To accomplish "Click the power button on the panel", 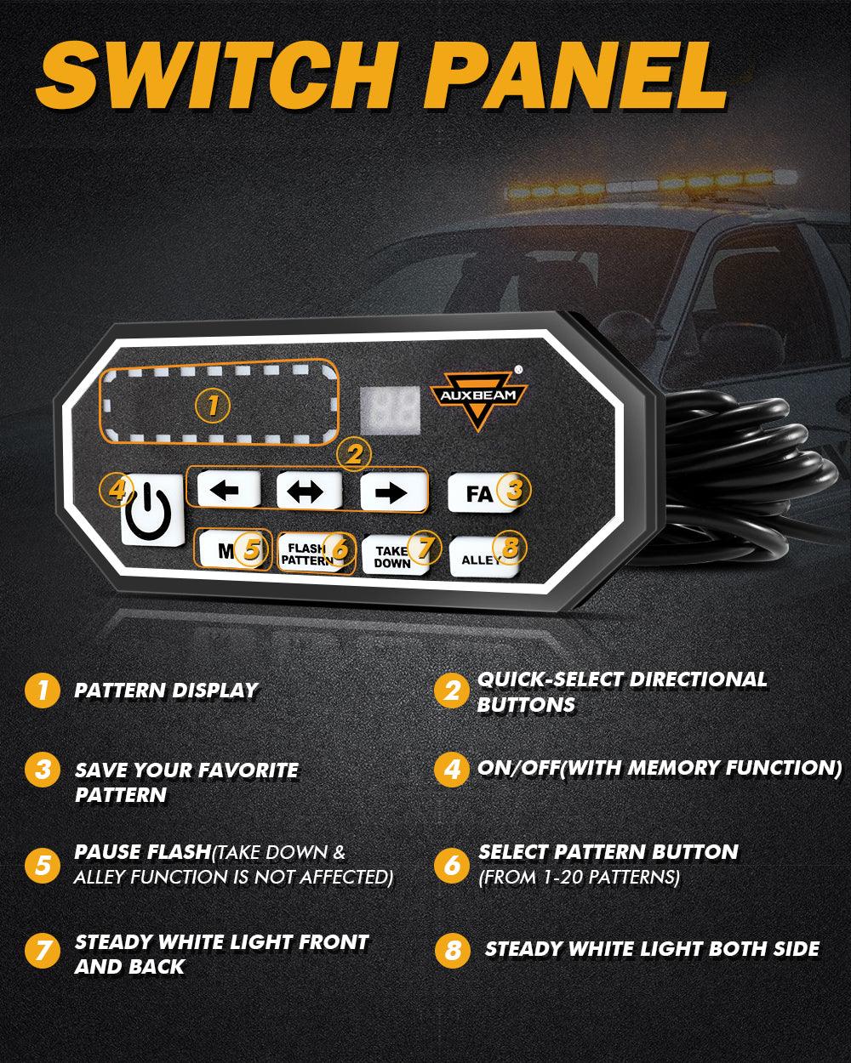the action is (152, 509).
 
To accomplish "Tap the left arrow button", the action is (229, 489).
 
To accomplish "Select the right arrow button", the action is (394, 492).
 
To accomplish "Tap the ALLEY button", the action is (484, 558).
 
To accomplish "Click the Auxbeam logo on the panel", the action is (478, 399).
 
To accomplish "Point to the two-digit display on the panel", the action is (390, 410).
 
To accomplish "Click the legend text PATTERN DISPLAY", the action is (167, 691).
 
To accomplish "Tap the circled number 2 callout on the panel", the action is (354, 454).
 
